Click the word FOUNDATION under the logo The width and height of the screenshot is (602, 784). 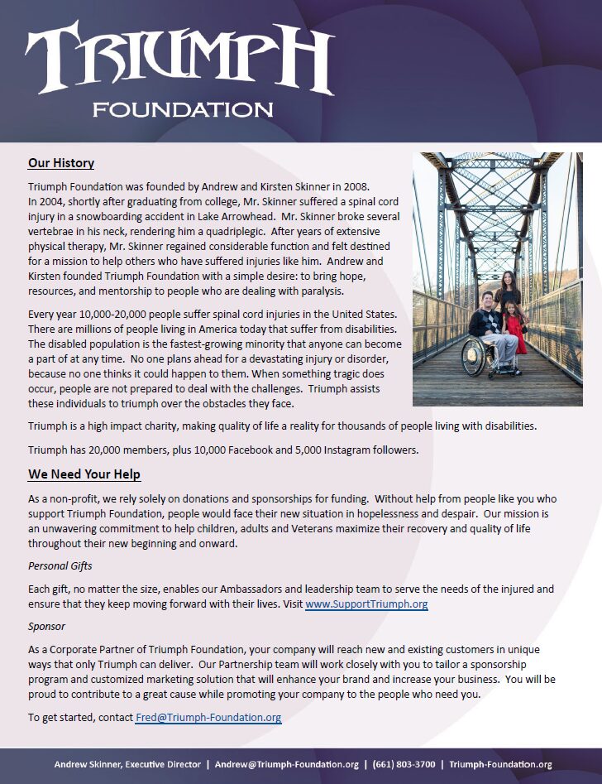point(183,109)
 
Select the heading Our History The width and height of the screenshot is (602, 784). point(61,163)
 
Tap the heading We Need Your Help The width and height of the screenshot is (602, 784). point(84,474)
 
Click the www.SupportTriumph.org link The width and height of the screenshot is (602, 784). point(366,604)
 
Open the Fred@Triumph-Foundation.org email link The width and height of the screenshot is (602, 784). point(208,717)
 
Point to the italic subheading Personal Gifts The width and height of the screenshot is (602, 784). point(60,566)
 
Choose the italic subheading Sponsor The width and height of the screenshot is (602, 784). point(46,627)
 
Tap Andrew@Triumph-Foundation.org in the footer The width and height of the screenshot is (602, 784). point(286,765)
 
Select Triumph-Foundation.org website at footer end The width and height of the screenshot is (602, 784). point(500,765)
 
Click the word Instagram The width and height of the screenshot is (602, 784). point(335,450)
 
